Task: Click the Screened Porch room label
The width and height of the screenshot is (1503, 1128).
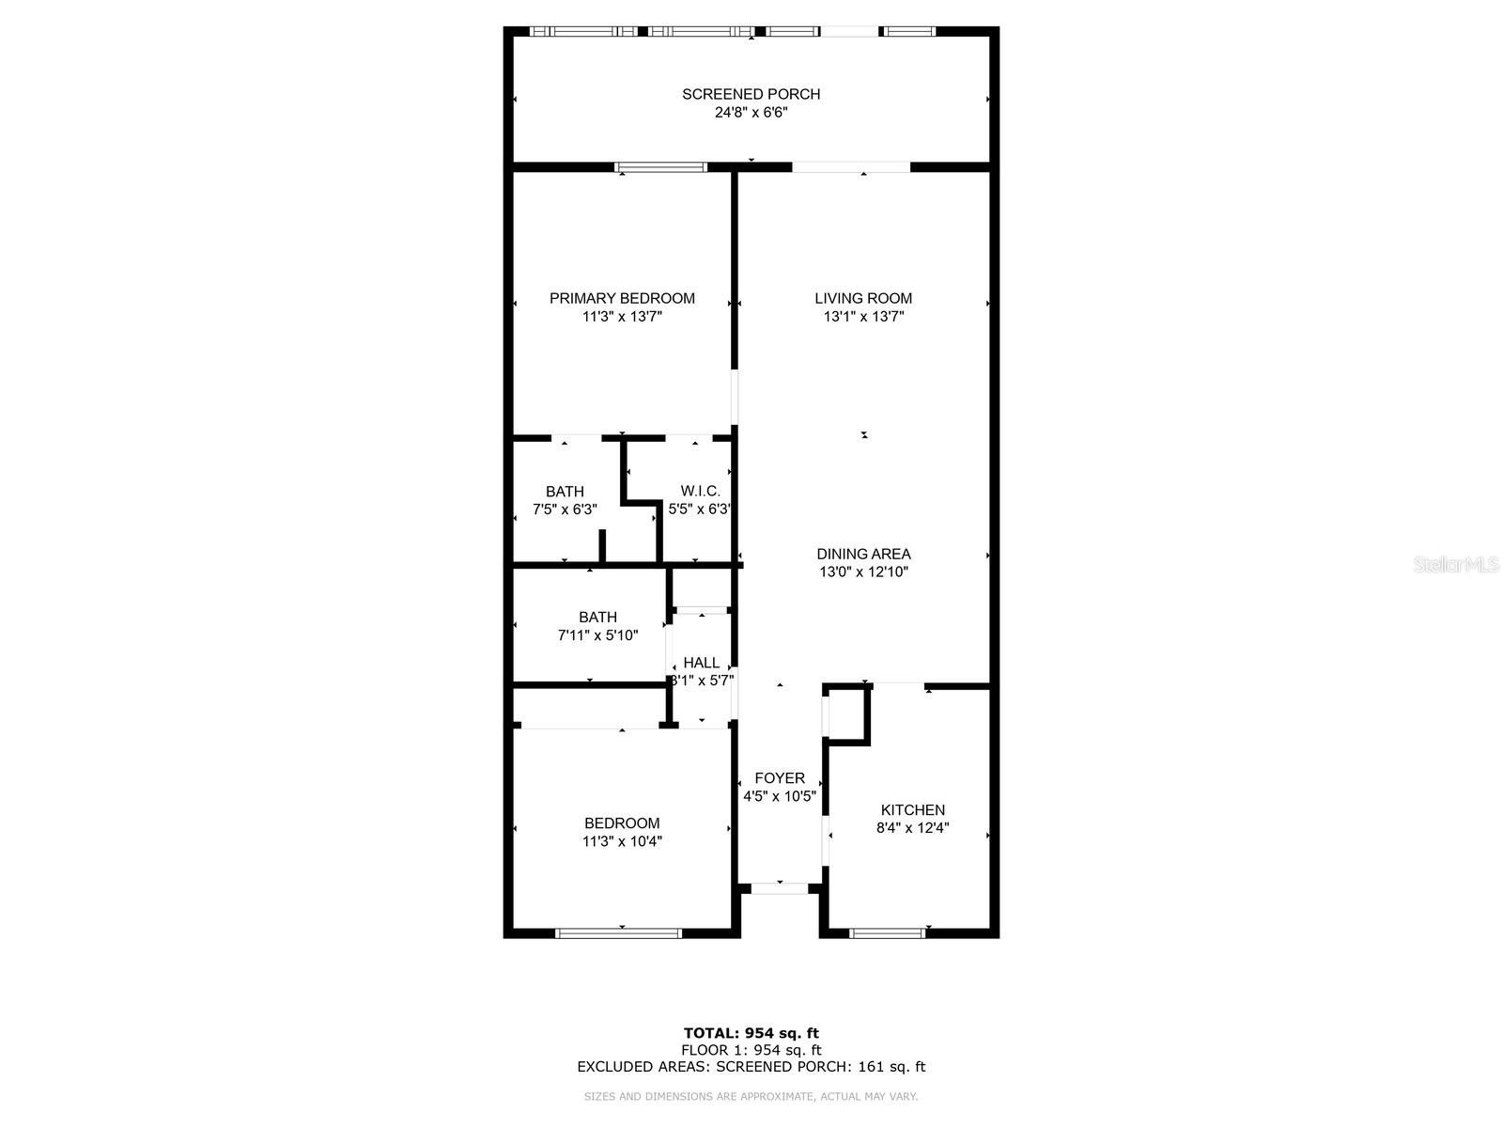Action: (x=751, y=95)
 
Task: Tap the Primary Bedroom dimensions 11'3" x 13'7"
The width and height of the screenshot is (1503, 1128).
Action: (x=622, y=317)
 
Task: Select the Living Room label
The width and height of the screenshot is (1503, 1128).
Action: (x=862, y=299)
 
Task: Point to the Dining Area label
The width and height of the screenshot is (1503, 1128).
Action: (x=862, y=554)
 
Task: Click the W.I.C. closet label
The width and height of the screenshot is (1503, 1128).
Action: (x=700, y=491)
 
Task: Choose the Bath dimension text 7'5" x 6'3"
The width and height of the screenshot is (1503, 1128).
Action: (x=565, y=509)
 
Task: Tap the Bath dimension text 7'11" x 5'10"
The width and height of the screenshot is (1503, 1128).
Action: (x=597, y=635)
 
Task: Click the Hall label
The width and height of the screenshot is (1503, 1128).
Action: (x=701, y=663)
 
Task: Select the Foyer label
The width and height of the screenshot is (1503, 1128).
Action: (x=780, y=778)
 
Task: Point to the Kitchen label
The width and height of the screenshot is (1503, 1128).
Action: (x=912, y=810)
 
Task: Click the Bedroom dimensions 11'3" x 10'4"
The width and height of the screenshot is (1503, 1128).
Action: (x=622, y=841)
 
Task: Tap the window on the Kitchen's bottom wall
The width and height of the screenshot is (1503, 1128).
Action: (x=887, y=932)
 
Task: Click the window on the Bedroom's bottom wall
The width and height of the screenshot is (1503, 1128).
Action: (x=618, y=932)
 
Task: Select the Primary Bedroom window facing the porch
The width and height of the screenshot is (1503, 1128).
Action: (x=660, y=167)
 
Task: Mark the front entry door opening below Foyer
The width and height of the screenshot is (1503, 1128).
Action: (x=780, y=889)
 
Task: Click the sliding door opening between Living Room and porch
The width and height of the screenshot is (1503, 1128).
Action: (x=851, y=167)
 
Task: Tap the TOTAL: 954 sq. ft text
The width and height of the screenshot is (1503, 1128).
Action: (x=751, y=1033)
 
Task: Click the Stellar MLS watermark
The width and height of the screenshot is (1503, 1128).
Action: (x=1456, y=565)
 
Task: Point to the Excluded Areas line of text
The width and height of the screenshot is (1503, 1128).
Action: (x=751, y=1066)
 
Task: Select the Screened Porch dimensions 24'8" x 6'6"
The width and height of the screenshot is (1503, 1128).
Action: (x=751, y=112)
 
